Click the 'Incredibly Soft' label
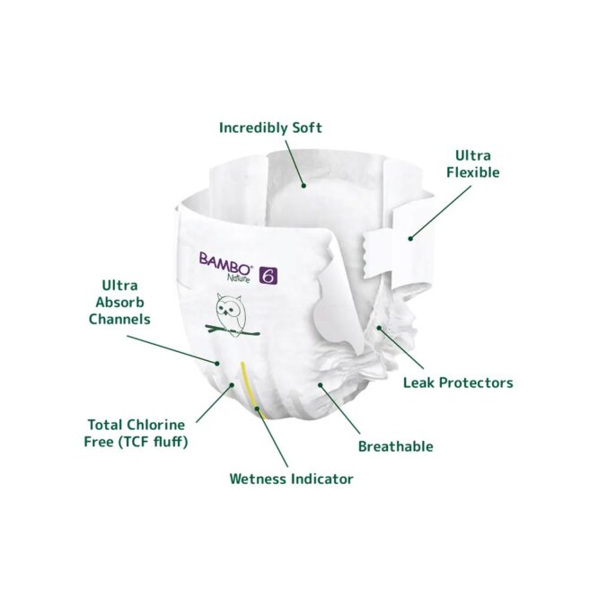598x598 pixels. [x=270, y=128]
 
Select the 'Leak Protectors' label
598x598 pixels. [x=458, y=383]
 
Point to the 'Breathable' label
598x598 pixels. [x=395, y=446]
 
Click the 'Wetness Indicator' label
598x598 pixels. [x=291, y=479]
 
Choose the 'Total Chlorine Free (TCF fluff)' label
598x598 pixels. [x=137, y=432]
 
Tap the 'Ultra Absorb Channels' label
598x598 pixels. [x=119, y=301]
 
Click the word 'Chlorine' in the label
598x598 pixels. [x=155, y=423]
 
